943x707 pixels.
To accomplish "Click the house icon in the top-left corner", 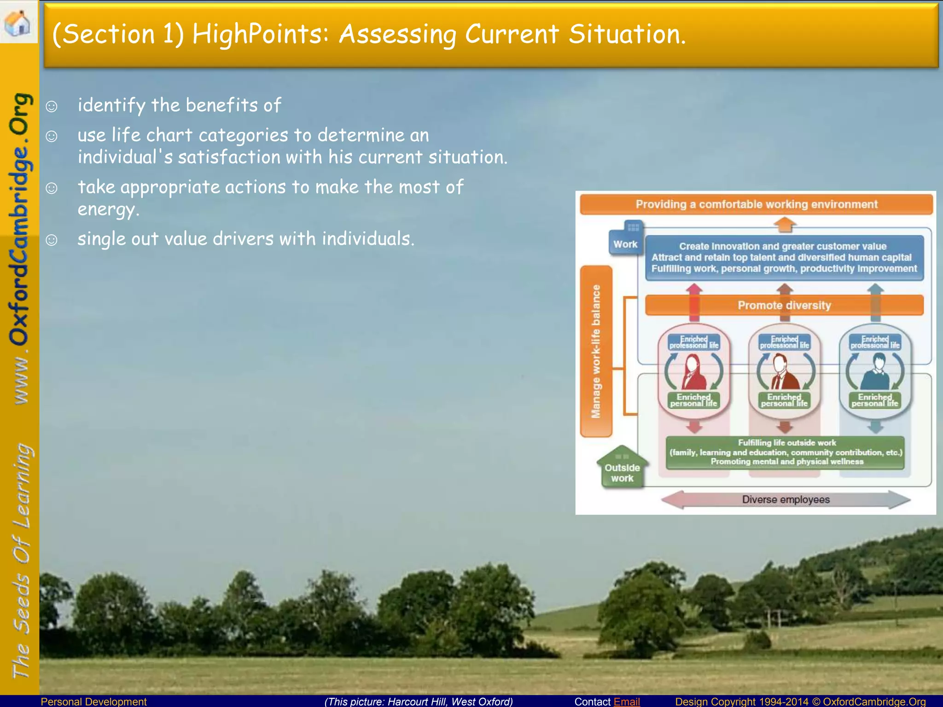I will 17,22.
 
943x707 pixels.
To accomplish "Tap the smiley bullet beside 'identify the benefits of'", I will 52,107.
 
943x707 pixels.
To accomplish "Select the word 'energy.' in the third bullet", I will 108,209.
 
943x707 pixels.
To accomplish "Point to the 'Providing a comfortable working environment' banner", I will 756,204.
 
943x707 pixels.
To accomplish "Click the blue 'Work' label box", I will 625,244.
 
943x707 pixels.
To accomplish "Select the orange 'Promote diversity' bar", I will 784,305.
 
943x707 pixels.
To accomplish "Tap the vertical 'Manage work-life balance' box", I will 596,351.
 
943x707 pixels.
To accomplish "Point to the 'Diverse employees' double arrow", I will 786,499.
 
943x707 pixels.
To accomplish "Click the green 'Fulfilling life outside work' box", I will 786,452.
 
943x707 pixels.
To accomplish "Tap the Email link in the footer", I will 626,701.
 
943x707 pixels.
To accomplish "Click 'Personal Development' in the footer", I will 93,701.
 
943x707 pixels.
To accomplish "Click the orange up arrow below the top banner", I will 785,224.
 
